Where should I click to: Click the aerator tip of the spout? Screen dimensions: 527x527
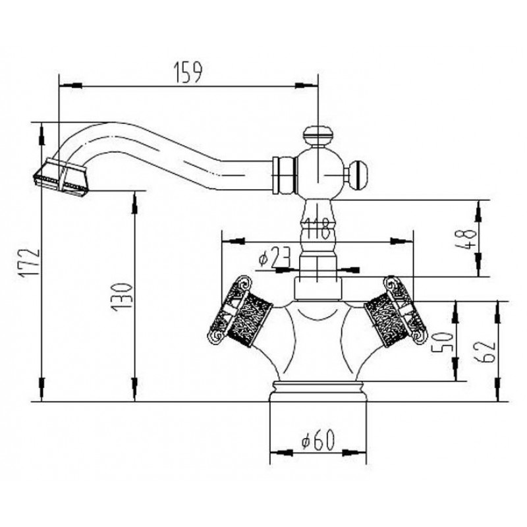pos(60,176)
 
